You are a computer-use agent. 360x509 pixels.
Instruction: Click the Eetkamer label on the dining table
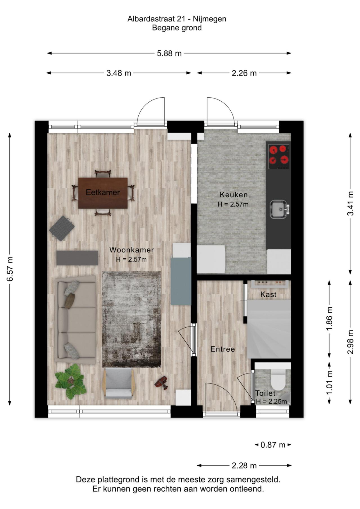click(x=103, y=193)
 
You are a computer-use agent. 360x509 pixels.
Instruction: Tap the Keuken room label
click(x=233, y=195)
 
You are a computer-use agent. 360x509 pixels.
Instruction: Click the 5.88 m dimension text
click(x=169, y=53)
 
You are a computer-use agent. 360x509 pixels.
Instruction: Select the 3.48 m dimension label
click(x=119, y=73)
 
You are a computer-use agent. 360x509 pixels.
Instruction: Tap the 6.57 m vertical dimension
click(x=10, y=269)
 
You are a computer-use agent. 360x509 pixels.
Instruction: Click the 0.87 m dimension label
click(x=273, y=445)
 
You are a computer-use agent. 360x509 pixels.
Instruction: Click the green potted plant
click(x=70, y=381)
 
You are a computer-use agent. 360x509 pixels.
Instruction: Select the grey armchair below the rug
click(x=119, y=383)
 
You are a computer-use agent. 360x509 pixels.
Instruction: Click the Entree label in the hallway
click(x=222, y=349)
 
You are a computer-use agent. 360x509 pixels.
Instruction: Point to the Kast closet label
click(x=268, y=295)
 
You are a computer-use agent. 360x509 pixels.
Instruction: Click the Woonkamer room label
click(x=131, y=250)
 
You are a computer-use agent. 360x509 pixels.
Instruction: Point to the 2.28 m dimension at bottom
click(x=244, y=466)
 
